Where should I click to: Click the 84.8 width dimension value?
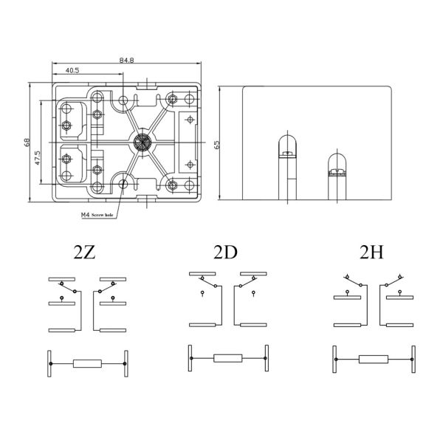[126, 60]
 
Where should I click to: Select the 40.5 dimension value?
[72, 70]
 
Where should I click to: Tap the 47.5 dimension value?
[38, 159]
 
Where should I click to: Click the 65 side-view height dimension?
[217, 144]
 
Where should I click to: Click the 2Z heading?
[85, 253]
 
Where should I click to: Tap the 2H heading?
[371, 253]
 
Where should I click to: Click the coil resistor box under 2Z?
[87, 363]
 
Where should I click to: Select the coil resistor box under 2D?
[227, 359]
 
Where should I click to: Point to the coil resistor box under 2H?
[372, 359]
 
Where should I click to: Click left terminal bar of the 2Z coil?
[49, 363]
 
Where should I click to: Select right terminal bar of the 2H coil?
[410, 359]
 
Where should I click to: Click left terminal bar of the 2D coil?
[190, 359]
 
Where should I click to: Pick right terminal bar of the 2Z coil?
[126, 363]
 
